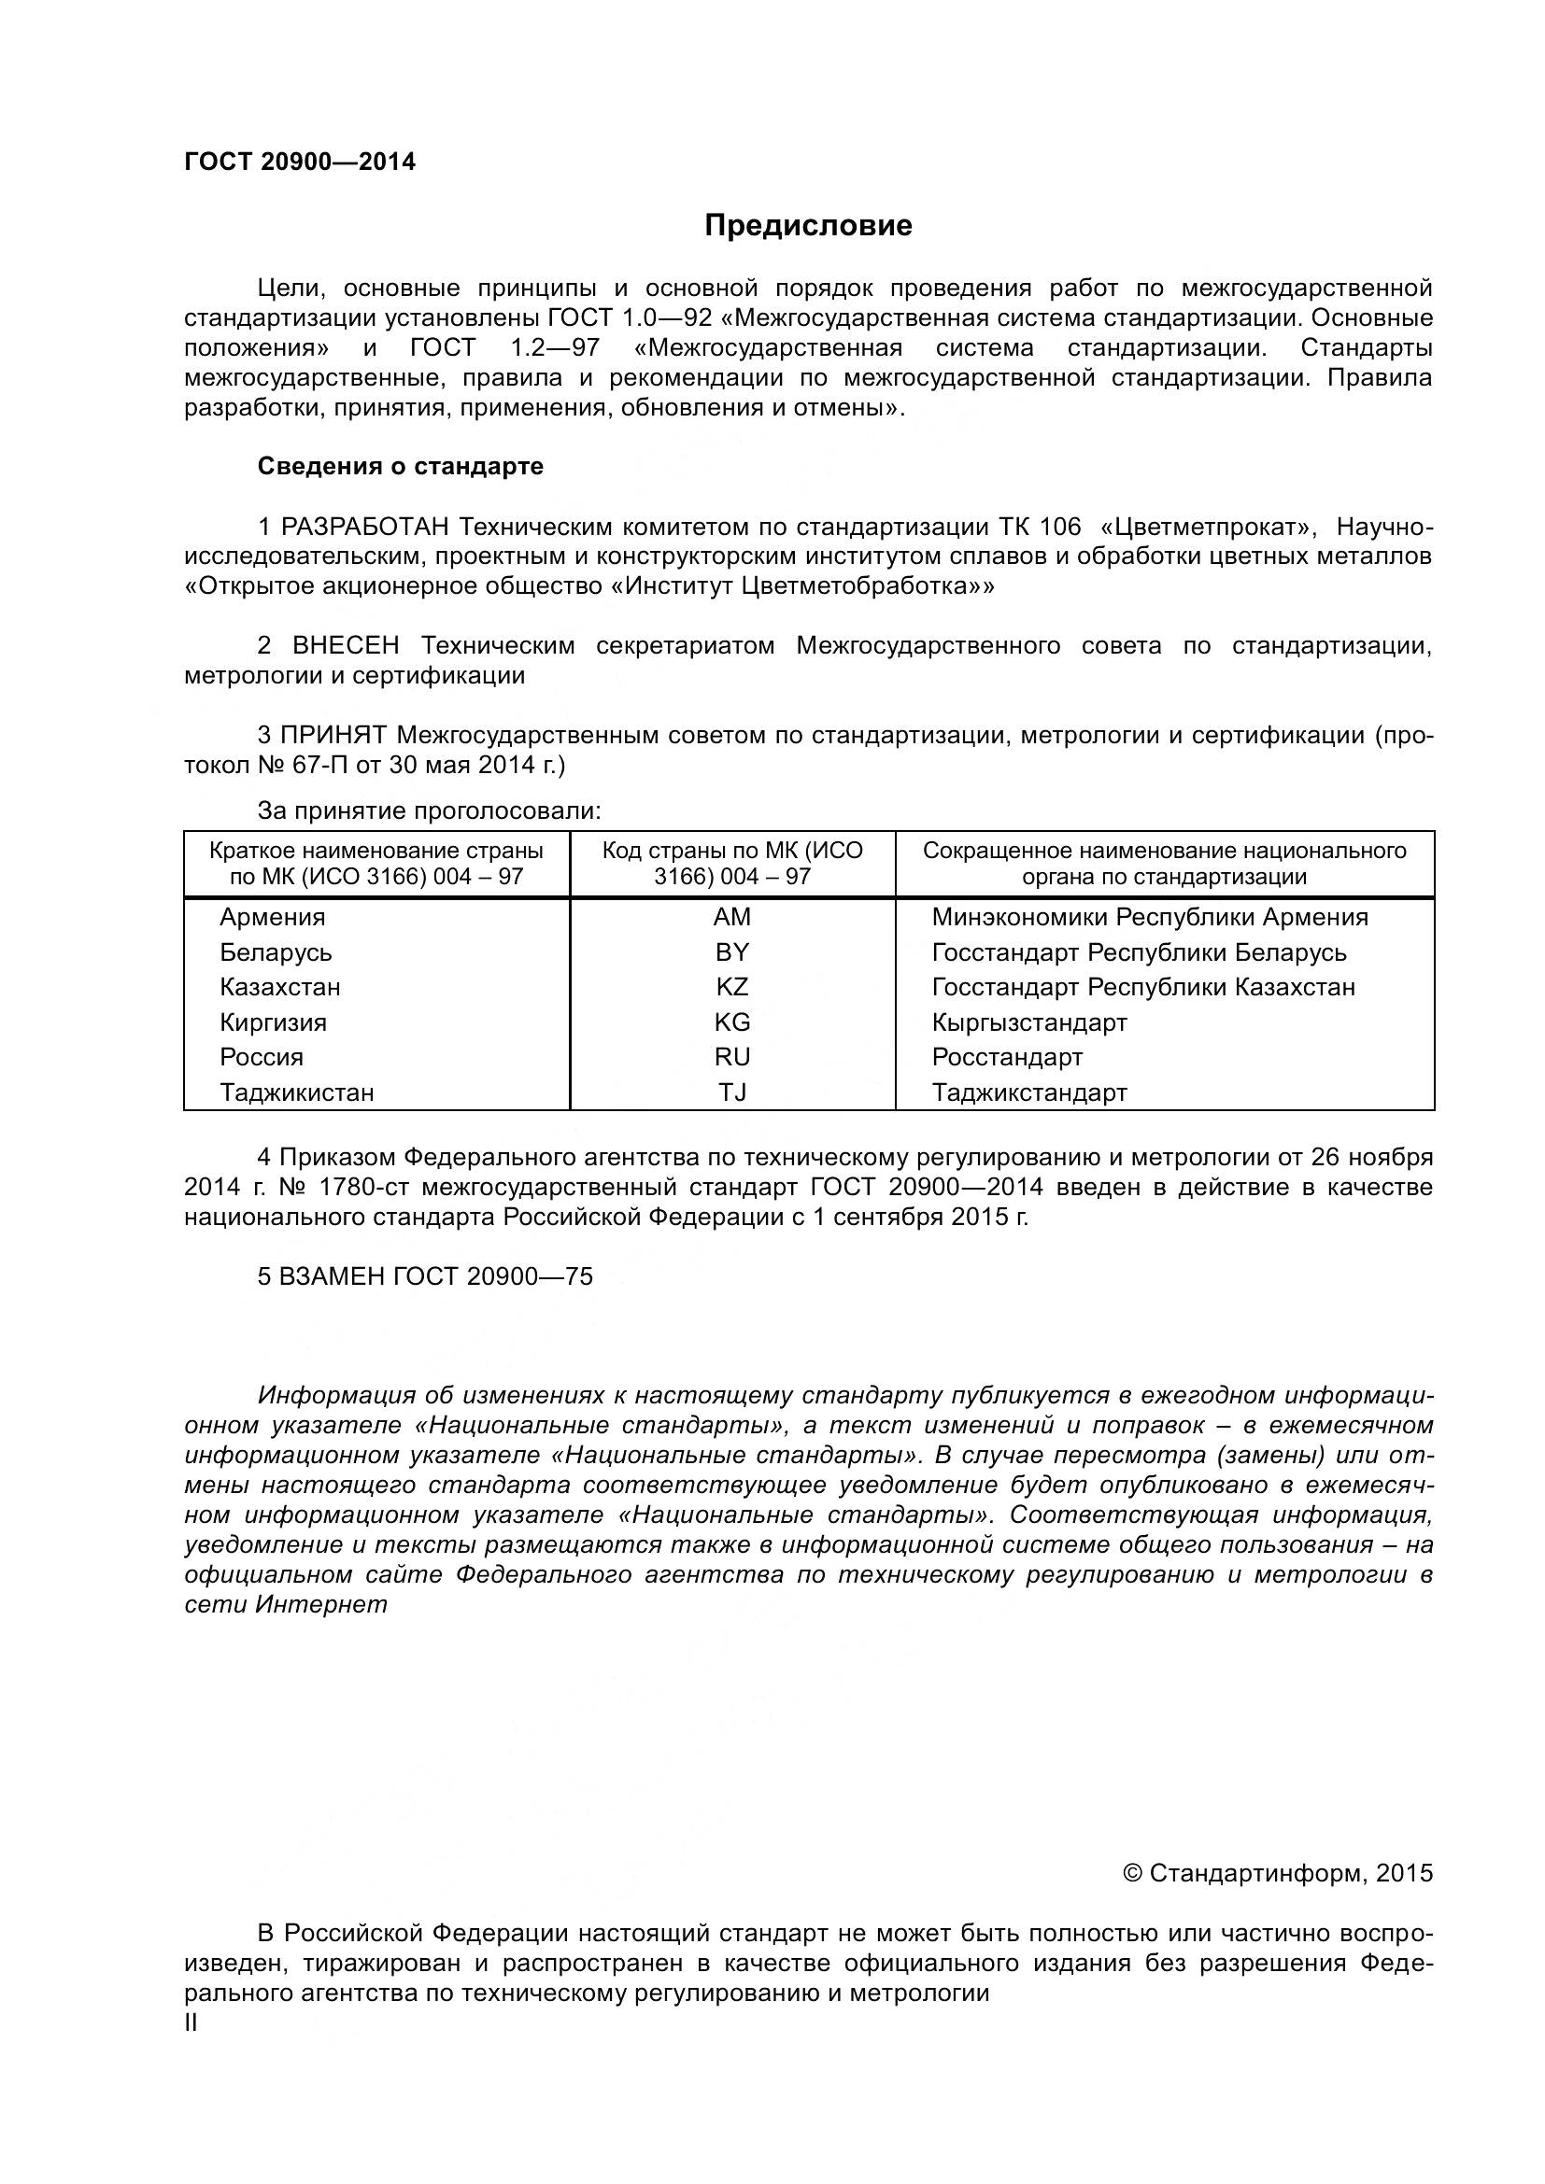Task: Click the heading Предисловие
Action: coord(808,225)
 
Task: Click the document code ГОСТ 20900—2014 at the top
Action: coord(300,162)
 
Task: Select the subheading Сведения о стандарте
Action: coord(401,466)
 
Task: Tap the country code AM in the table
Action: coord(731,917)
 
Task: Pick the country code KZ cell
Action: coord(731,986)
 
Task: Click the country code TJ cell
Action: coord(731,1092)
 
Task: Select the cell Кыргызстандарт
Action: coord(1028,1022)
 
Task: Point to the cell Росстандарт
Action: coord(1007,1057)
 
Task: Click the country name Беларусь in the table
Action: coord(276,952)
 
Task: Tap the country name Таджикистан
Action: coord(297,1092)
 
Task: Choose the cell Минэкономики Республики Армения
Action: coord(1149,917)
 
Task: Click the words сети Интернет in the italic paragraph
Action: coord(287,1604)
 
